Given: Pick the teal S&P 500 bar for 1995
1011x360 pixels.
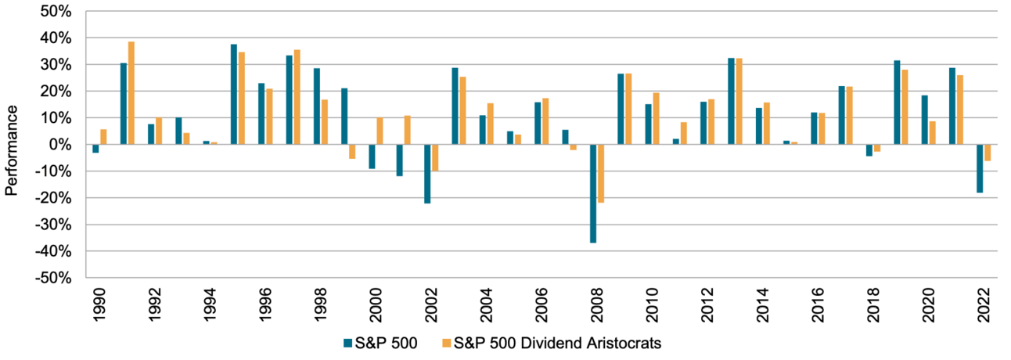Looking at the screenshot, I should click(x=234, y=95).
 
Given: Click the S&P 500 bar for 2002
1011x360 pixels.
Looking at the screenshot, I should click(x=427, y=174).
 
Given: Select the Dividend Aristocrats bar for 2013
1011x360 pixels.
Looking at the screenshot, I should click(x=739, y=102).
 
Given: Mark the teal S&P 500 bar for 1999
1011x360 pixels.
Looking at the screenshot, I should click(x=344, y=117).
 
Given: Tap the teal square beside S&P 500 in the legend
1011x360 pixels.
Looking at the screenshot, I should click(x=347, y=343).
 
